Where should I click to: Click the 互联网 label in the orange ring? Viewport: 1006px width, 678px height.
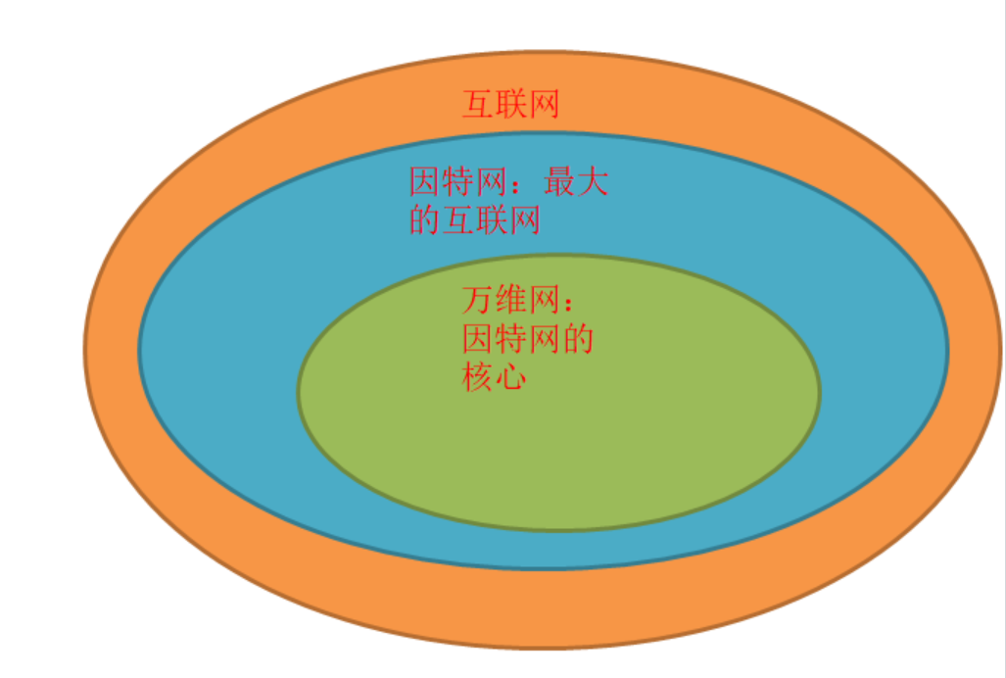[x=510, y=104]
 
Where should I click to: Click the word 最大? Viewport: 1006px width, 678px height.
[x=576, y=182]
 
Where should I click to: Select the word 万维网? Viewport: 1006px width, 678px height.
[x=509, y=300]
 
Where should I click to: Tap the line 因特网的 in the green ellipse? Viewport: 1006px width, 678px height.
[x=527, y=339]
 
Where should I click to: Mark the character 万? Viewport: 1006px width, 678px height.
[x=477, y=300]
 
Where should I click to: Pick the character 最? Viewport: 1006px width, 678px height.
[x=559, y=182]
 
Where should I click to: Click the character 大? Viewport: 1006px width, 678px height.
[x=593, y=182]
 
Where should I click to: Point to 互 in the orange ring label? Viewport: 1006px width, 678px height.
[x=478, y=104]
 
